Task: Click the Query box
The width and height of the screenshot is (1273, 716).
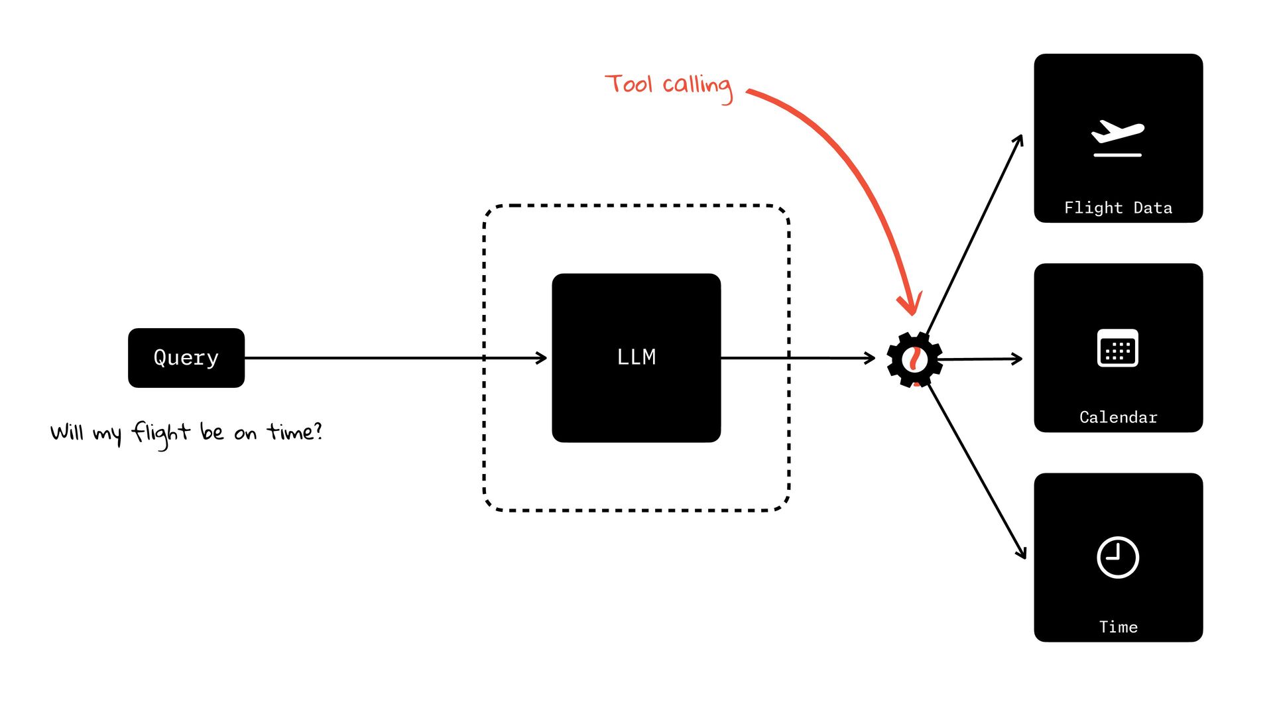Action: point(186,358)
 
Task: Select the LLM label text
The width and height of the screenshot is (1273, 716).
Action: point(636,357)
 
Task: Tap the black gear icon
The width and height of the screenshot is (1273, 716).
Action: point(914,359)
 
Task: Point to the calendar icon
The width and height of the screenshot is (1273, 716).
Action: point(1118,348)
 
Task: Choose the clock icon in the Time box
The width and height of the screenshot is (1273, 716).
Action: point(1118,558)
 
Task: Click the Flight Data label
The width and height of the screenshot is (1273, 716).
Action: point(1118,208)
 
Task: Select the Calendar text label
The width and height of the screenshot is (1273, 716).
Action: point(1118,418)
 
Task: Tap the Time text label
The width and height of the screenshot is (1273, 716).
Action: point(1118,627)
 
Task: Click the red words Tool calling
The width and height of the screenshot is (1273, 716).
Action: point(668,86)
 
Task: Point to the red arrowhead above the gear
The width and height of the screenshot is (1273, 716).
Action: point(911,306)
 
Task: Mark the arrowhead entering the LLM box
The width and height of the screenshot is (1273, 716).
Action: point(542,358)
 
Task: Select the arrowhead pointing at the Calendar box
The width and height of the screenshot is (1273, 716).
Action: point(1018,359)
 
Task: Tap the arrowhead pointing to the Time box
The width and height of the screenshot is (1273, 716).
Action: point(1022,554)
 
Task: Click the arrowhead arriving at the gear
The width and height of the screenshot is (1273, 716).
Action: point(871,358)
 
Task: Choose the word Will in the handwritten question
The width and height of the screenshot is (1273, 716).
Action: point(67,432)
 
